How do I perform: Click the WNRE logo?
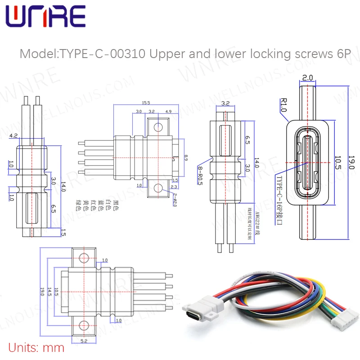(x=45, y=17)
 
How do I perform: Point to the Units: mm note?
(x=36, y=347)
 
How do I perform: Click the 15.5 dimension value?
(x=146, y=103)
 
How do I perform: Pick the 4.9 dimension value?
(x=169, y=112)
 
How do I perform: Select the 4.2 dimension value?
(x=14, y=135)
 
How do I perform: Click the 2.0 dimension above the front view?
(x=308, y=78)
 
